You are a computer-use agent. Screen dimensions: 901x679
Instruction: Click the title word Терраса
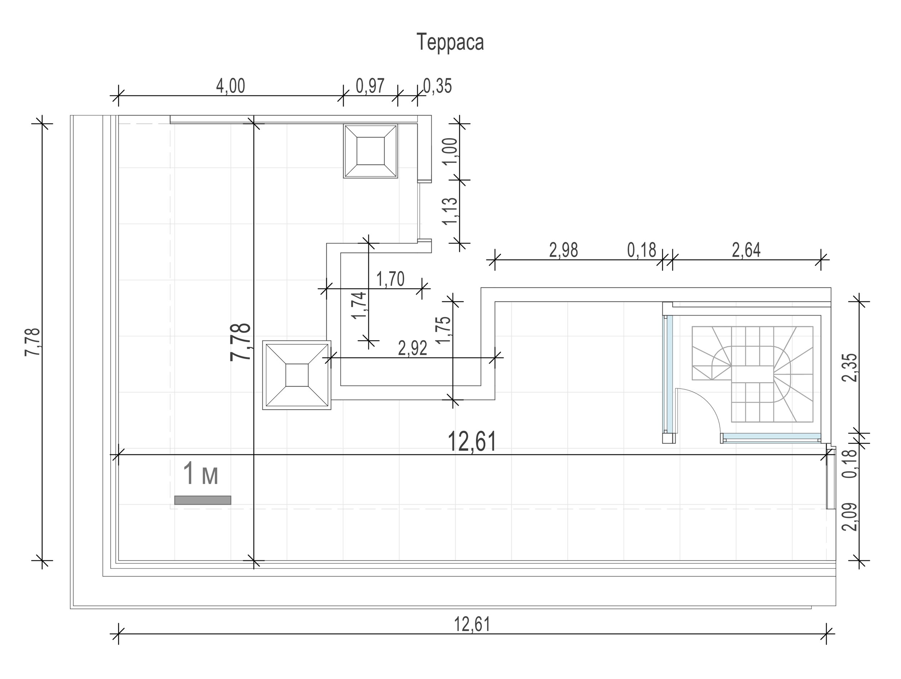pos(450,42)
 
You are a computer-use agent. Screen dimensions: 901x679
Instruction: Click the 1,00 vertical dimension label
pos(450,151)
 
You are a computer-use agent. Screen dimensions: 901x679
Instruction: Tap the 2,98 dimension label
pos(563,250)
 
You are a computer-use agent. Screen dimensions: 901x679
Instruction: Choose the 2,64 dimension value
pos(746,250)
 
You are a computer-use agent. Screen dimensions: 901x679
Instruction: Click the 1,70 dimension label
pos(390,279)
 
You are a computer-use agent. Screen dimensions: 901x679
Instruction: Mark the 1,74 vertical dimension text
pos(360,305)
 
